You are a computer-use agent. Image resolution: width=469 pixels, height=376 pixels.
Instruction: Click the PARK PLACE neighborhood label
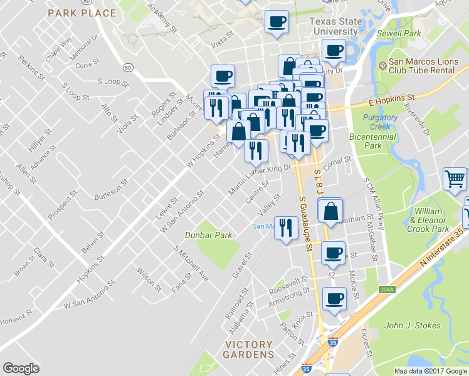82,13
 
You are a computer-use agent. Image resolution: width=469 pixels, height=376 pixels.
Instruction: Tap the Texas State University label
337,26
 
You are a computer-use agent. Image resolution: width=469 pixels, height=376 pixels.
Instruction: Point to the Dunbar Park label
208,235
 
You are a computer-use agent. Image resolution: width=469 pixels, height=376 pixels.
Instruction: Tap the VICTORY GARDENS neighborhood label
249,349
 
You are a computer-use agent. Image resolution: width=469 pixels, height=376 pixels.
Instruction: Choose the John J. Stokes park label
412,325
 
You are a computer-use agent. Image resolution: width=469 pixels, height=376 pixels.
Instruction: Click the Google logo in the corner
21,368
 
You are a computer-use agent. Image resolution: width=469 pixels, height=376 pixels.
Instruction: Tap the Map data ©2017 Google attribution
429,371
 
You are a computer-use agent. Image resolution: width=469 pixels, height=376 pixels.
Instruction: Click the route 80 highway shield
128,67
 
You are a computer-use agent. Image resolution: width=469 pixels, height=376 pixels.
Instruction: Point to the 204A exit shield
387,289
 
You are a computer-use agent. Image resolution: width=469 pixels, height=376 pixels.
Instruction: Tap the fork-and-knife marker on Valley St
286,227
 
